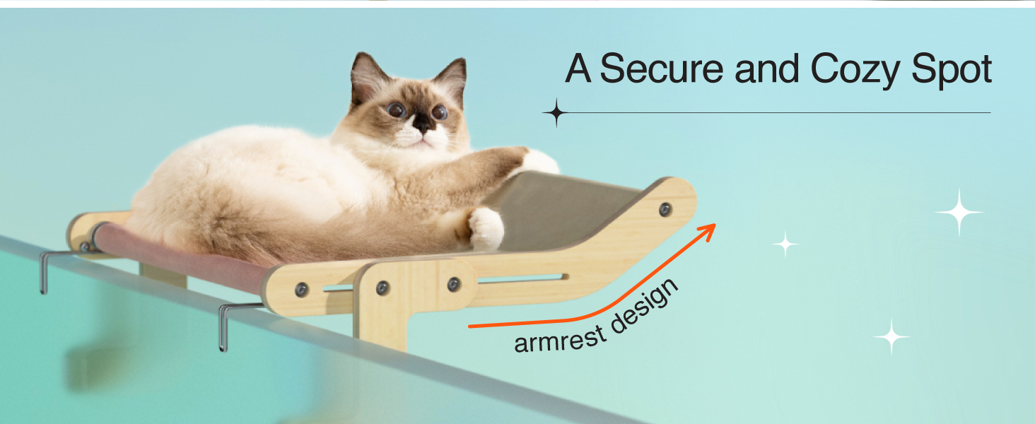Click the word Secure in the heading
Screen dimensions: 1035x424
coord(661,69)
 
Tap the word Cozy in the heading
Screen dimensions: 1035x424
coord(855,70)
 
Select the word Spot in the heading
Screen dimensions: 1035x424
coord(952,70)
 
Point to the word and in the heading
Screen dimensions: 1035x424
coord(766,69)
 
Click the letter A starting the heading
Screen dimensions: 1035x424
coord(578,69)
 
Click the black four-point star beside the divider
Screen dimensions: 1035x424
coord(556,112)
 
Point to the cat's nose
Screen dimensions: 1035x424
coord(421,123)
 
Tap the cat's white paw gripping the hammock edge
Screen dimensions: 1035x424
coord(486,228)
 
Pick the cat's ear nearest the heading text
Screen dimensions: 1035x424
coord(450,78)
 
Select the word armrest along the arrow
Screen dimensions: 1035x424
coord(561,339)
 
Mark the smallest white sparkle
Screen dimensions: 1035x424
coord(785,243)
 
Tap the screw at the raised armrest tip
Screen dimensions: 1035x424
coord(665,210)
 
